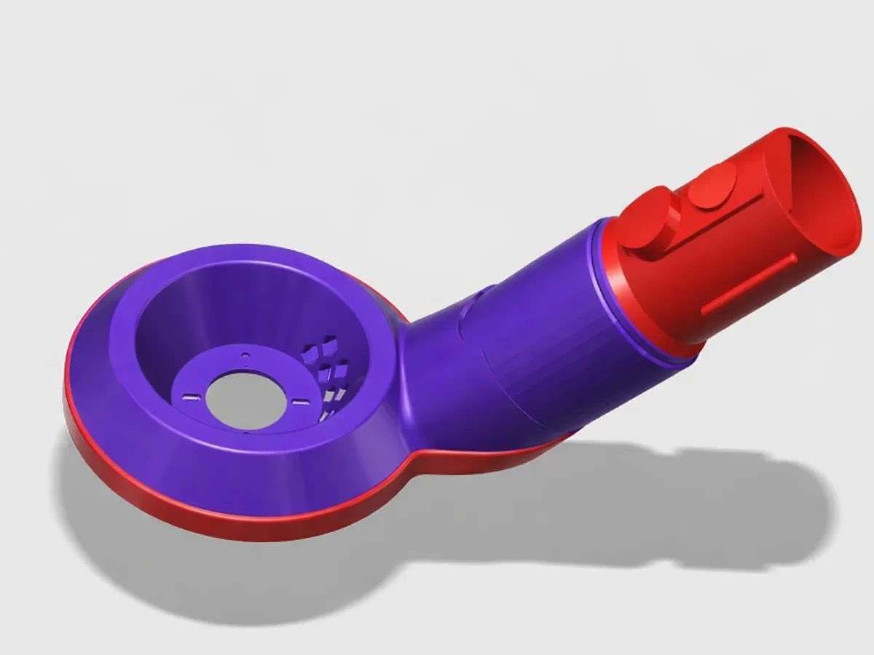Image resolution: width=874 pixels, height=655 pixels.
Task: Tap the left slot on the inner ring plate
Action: click(191, 397)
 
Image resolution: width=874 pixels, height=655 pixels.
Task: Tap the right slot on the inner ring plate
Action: click(297, 399)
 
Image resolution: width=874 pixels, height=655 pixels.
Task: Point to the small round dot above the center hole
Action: click(245, 357)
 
